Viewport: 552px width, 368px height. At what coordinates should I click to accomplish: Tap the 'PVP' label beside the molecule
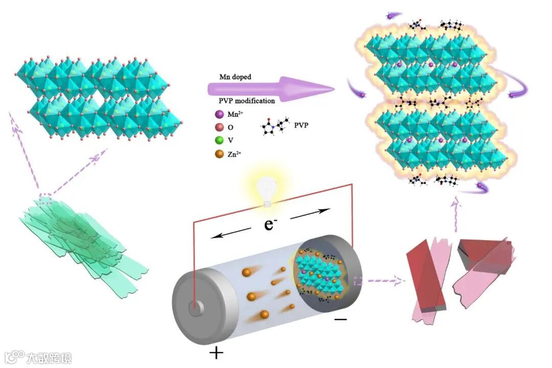tap(302, 124)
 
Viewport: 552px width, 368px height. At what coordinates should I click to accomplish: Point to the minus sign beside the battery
tap(341, 319)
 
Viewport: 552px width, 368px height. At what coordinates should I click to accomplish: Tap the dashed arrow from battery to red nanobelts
tap(381, 280)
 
